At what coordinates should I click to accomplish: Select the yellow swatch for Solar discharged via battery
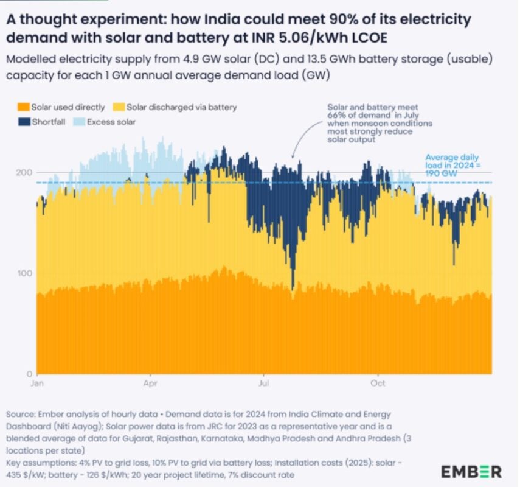tap(120, 107)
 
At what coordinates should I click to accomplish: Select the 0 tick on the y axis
tap(28, 373)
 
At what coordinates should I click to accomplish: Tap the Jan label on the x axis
tap(36, 384)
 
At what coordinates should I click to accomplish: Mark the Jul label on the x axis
tap(265, 384)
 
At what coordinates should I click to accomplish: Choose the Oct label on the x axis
tap(378, 384)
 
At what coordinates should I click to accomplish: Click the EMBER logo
tap(471, 471)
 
